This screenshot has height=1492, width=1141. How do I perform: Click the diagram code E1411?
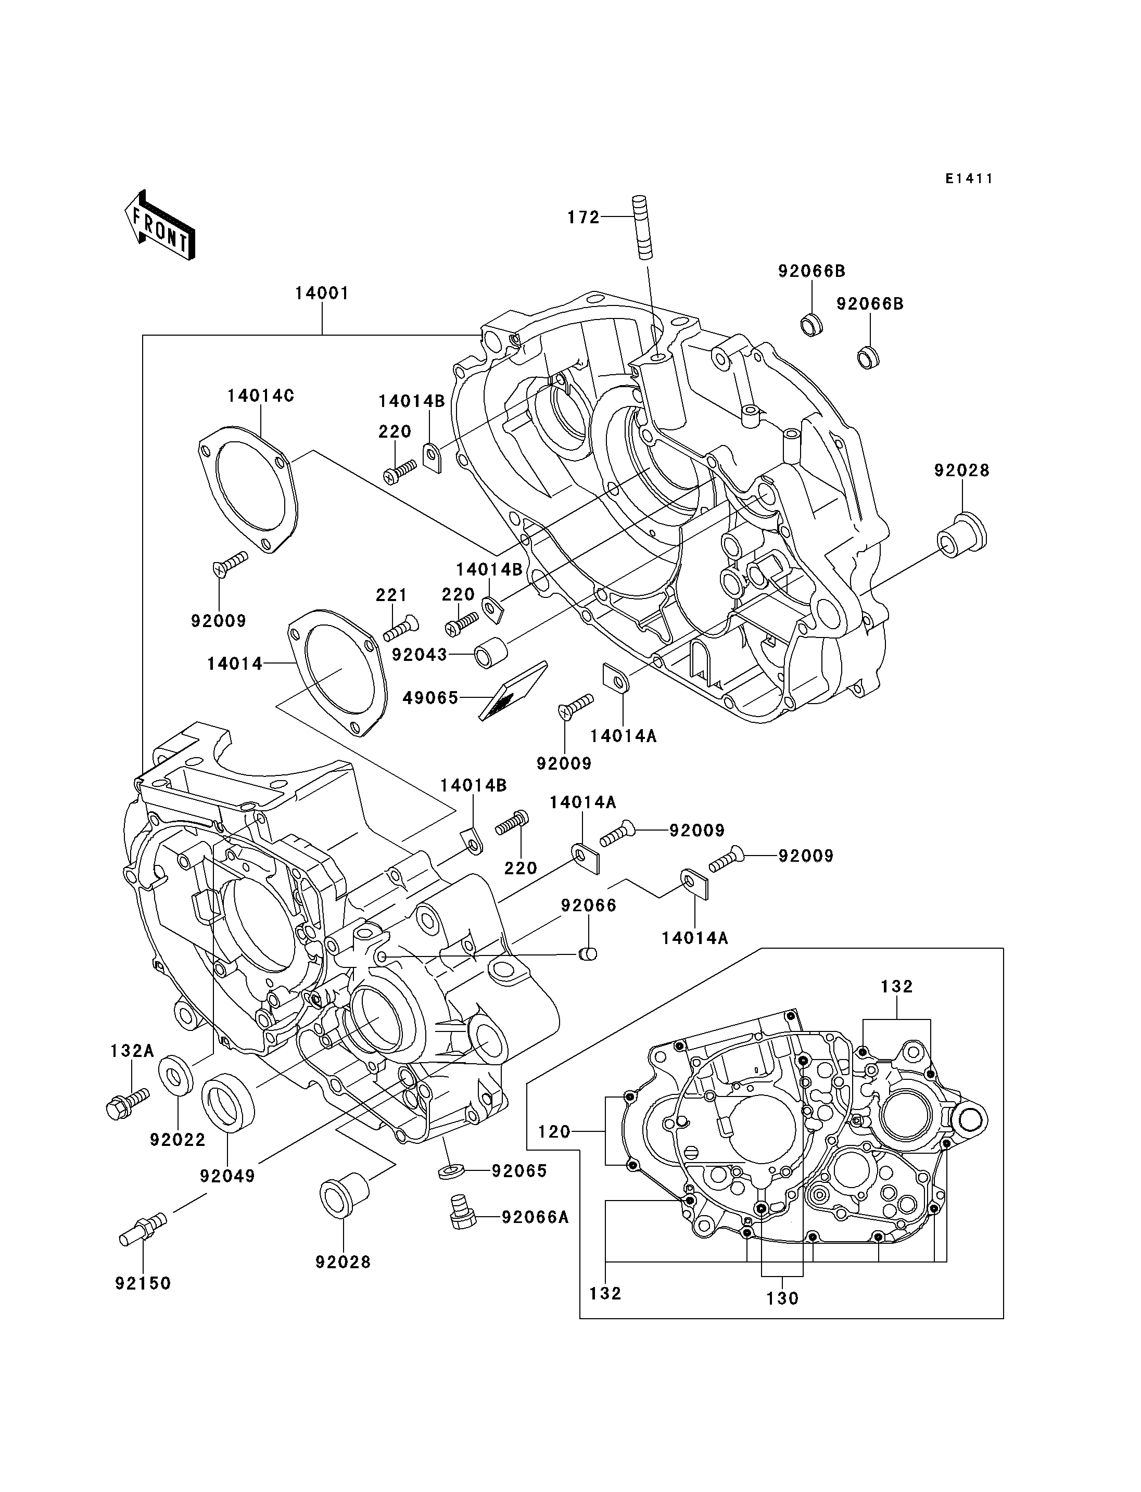click(x=969, y=178)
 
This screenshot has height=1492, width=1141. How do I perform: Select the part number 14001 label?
click(x=322, y=294)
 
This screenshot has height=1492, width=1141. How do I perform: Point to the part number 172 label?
click(x=584, y=218)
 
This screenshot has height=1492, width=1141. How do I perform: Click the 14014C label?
click(x=261, y=396)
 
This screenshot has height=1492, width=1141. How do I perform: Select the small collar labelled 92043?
click(x=490, y=653)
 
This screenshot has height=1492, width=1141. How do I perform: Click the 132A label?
click(x=132, y=1052)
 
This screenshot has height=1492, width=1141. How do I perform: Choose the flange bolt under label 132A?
click(x=127, y=1104)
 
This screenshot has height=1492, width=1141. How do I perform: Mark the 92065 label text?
click(x=519, y=1171)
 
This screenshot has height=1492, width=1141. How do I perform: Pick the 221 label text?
click(x=392, y=595)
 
